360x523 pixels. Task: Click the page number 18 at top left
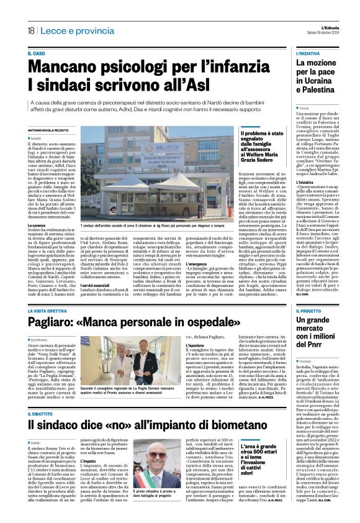click(30, 31)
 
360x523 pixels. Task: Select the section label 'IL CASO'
click(37, 54)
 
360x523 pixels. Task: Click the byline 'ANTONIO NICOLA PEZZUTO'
click(52, 130)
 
